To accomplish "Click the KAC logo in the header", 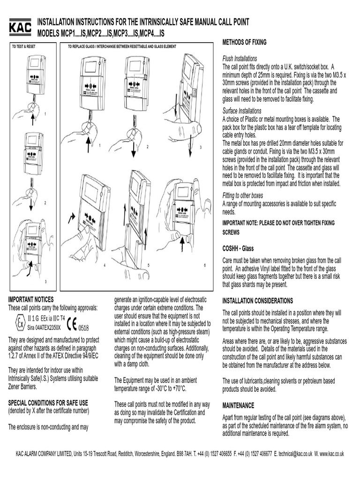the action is tap(20, 27).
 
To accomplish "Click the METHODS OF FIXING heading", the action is tap(244, 42).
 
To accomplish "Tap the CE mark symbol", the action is tap(72, 324).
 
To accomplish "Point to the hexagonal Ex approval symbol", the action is tap(20, 323).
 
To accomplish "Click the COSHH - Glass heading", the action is tap(238, 249).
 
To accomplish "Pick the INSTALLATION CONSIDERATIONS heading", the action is tap(257, 300).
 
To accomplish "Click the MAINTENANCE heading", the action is tap(238, 405).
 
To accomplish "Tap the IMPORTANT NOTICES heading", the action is tap(31, 299).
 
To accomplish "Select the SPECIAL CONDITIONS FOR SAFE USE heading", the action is tap(48, 403).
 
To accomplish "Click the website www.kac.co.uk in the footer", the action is tap(331, 454).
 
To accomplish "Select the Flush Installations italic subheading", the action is tap(239, 59).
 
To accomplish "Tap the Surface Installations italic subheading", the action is tap(241, 111).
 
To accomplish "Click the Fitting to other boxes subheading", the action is tap(242, 195).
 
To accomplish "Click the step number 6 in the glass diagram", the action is tap(204, 265).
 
